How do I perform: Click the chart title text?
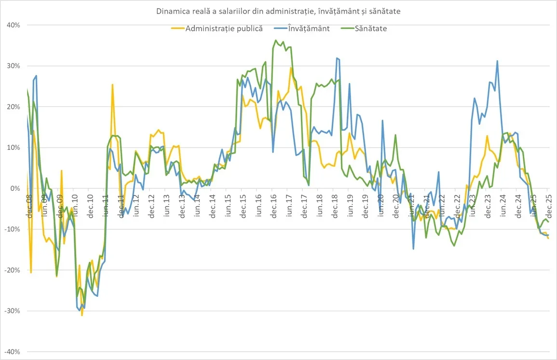(278, 11)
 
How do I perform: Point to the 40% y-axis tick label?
(13, 25)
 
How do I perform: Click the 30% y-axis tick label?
(13, 66)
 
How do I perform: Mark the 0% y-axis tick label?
(15, 188)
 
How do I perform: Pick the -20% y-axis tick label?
(12, 270)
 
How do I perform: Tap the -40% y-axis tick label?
(12, 352)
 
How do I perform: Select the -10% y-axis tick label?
(12, 229)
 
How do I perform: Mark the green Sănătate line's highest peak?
(276, 40)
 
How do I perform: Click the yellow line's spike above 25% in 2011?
(112, 85)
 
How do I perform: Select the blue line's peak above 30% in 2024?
(497, 61)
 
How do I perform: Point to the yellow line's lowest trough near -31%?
(82, 315)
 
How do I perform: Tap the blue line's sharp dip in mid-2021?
(413, 249)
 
